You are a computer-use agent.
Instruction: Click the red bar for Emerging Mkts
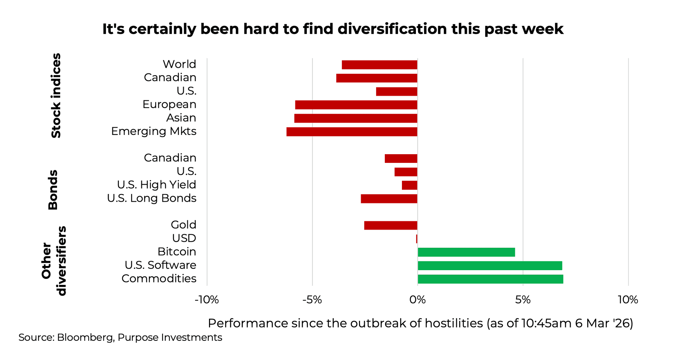[x=352, y=132]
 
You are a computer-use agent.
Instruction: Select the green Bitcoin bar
[x=466, y=252]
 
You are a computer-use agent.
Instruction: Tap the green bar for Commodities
[x=490, y=279]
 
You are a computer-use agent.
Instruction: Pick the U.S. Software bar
[x=490, y=266]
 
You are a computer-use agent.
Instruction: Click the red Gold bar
[x=391, y=225]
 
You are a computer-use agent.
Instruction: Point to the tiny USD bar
[x=417, y=239]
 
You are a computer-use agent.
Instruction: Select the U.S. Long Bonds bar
[x=389, y=199]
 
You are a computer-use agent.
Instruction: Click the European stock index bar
[x=356, y=105]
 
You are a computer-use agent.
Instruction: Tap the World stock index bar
[x=380, y=65]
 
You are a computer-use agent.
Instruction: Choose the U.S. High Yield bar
[x=410, y=185]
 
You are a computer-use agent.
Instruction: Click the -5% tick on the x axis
[x=312, y=300]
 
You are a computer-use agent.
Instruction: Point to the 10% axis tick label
[x=628, y=300]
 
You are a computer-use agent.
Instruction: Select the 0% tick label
[x=417, y=300]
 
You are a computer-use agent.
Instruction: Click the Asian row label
[x=181, y=118]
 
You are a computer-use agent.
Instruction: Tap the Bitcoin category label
[x=176, y=252]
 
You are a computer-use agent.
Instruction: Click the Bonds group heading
[x=53, y=190]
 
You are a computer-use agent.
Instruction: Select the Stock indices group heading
[x=56, y=95]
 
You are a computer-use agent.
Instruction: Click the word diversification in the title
[x=392, y=29]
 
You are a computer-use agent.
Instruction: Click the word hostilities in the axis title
[x=454, y=323]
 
